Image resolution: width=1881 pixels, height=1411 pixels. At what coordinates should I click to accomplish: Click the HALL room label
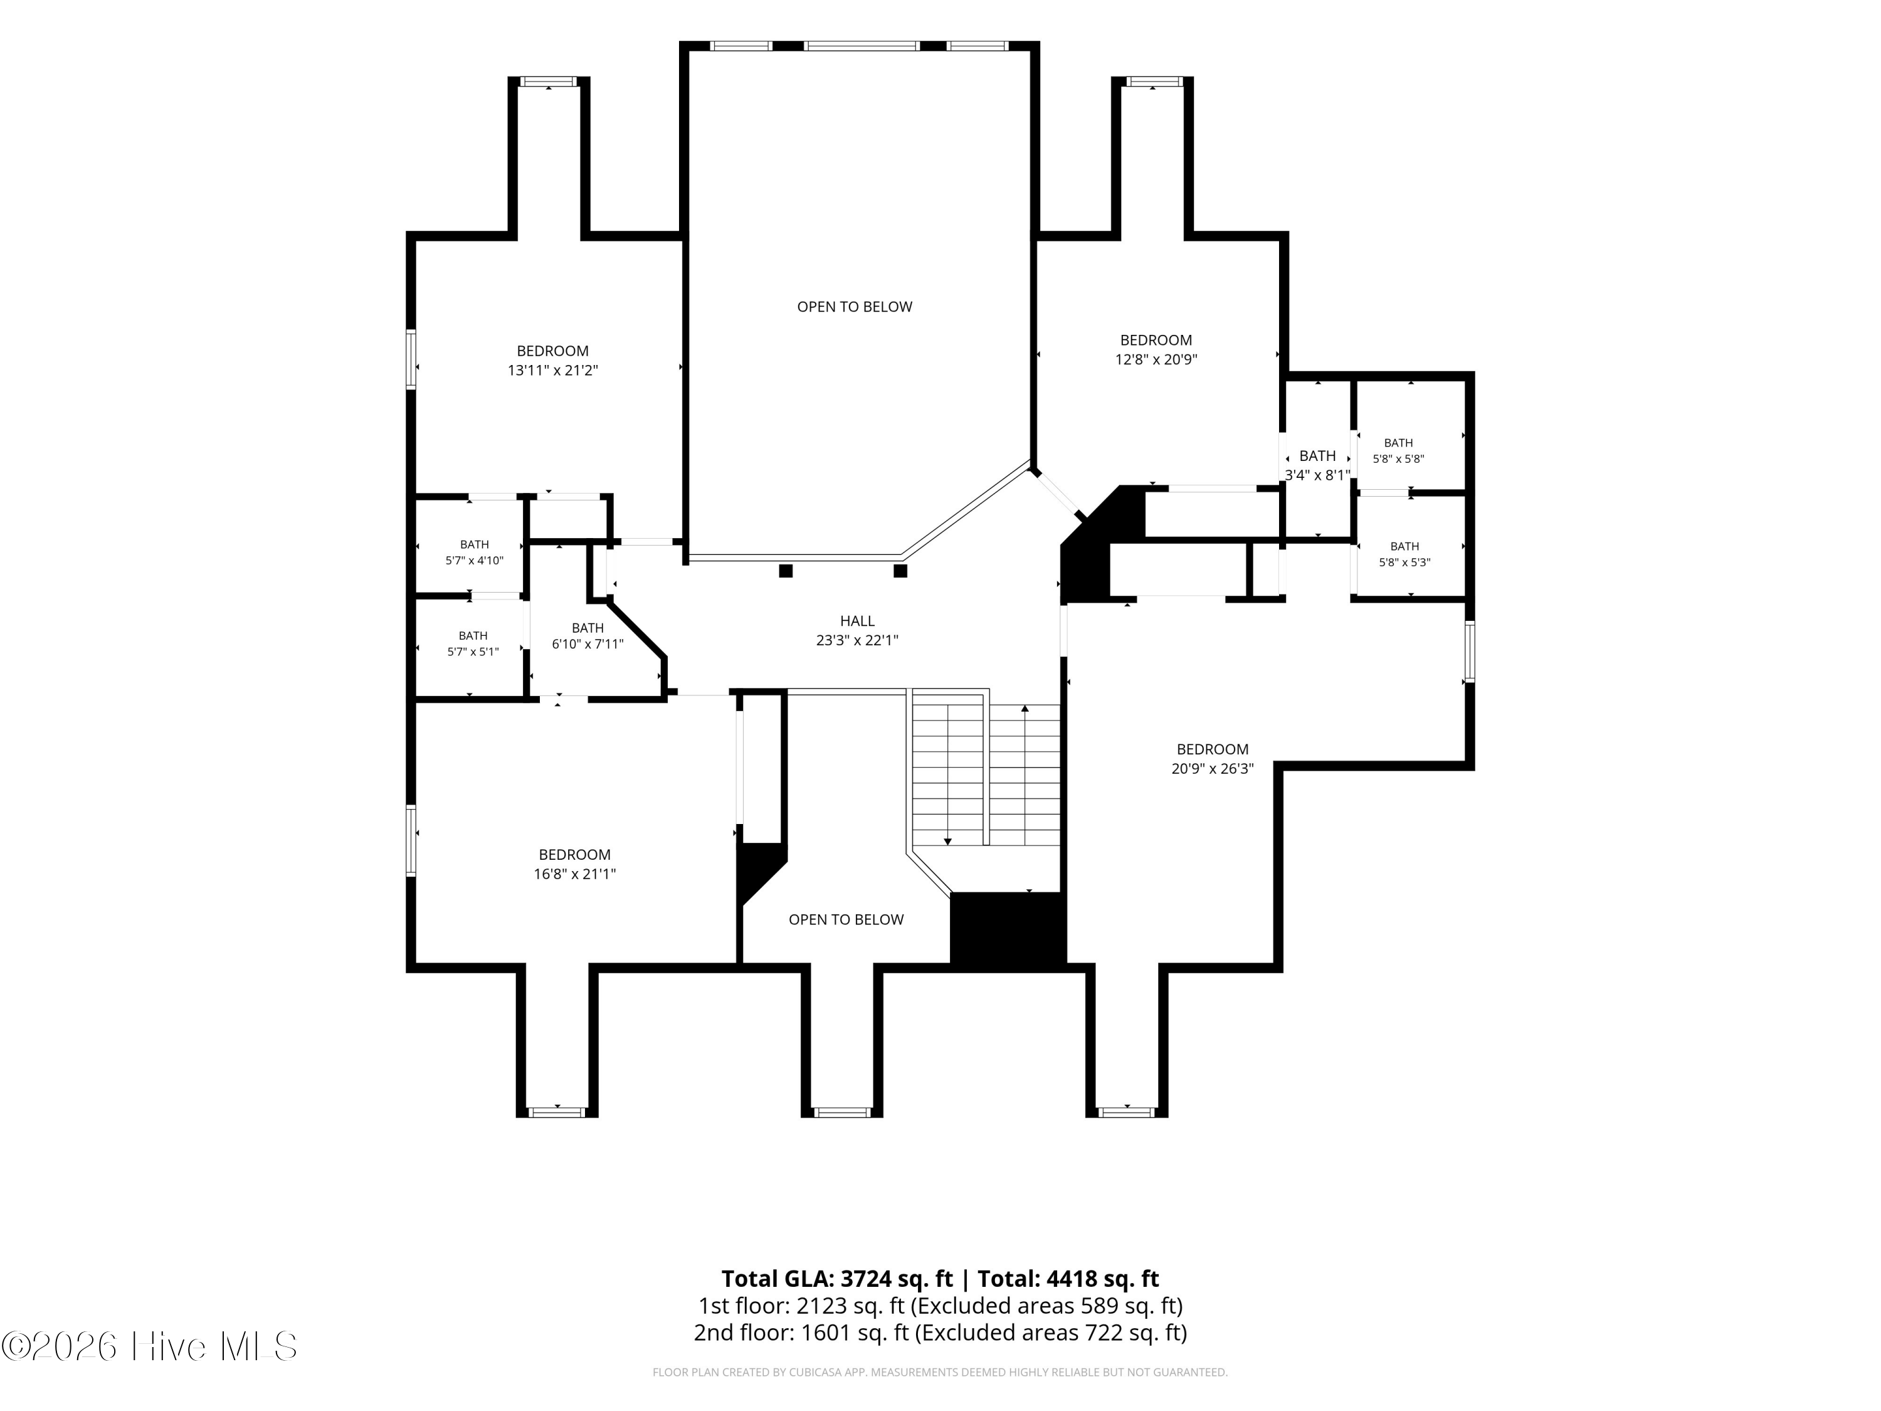point(857,621)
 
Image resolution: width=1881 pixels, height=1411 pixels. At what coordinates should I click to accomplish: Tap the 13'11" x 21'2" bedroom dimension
point(553,370)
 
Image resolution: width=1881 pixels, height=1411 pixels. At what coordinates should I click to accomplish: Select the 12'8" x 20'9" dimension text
point(1156,359)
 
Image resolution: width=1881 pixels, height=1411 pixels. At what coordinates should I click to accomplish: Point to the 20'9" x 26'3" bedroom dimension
point(1213,768)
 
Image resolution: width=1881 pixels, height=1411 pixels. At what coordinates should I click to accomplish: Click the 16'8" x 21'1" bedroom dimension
point(575,874)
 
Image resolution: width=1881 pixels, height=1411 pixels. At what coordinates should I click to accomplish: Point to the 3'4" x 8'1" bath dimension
point(1317,475)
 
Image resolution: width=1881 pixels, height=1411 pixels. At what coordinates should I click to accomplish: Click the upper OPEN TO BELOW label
point(855,306)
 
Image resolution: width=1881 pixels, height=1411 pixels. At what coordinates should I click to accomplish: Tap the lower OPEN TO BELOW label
point(846,919)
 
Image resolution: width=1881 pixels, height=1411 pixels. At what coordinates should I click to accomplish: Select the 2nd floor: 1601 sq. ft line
point(940,1332)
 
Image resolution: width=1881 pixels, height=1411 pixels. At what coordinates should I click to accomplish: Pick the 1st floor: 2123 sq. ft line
point(940,1306)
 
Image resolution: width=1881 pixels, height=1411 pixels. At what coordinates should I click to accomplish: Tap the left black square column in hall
point(786,571)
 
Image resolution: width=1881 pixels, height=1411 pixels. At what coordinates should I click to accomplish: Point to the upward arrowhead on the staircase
point(1025,707)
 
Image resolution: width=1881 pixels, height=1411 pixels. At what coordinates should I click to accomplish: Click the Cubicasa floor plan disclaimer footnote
point(940,1372)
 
